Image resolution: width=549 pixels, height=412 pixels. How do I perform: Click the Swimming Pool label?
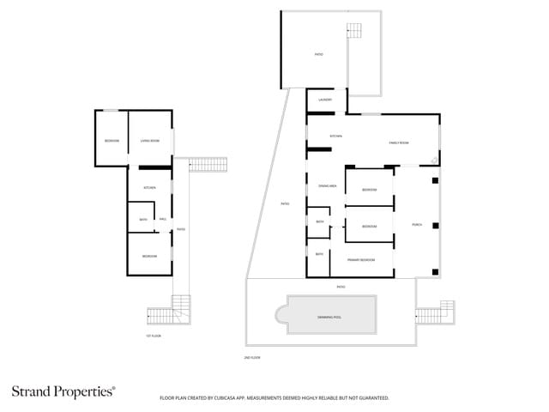[x=330, y=317]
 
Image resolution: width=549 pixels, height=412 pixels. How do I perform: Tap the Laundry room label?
[x=324, y=100]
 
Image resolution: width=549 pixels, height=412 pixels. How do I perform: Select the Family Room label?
[x=399, y=142]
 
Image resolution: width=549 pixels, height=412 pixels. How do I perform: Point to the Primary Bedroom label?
[x=360, y=259]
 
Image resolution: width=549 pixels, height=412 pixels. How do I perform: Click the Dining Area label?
[x=326, y=185]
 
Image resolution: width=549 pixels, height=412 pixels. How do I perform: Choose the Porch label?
[x=416, y=225]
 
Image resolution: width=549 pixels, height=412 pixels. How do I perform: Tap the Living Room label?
[x=150, y=140]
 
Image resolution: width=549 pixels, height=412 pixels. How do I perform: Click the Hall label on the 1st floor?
[x=162, y=219]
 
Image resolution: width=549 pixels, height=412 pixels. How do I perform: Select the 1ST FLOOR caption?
[x=154, y=336]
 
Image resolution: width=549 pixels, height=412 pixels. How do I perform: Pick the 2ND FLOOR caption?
[x=252, y=356]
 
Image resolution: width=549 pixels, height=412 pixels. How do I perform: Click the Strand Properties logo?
[x=63, y=391]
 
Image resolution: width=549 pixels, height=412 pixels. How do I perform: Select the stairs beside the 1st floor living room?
[x=203, y=164]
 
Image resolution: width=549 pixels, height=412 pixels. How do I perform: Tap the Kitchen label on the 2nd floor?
[x=336, y=136]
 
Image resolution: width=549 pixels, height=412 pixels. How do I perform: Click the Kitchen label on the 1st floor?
[x=149, y=187]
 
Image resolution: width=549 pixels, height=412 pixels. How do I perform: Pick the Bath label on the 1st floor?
[x=143, y=220]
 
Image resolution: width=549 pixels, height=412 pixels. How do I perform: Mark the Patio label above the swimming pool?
[x=341, y=287]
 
